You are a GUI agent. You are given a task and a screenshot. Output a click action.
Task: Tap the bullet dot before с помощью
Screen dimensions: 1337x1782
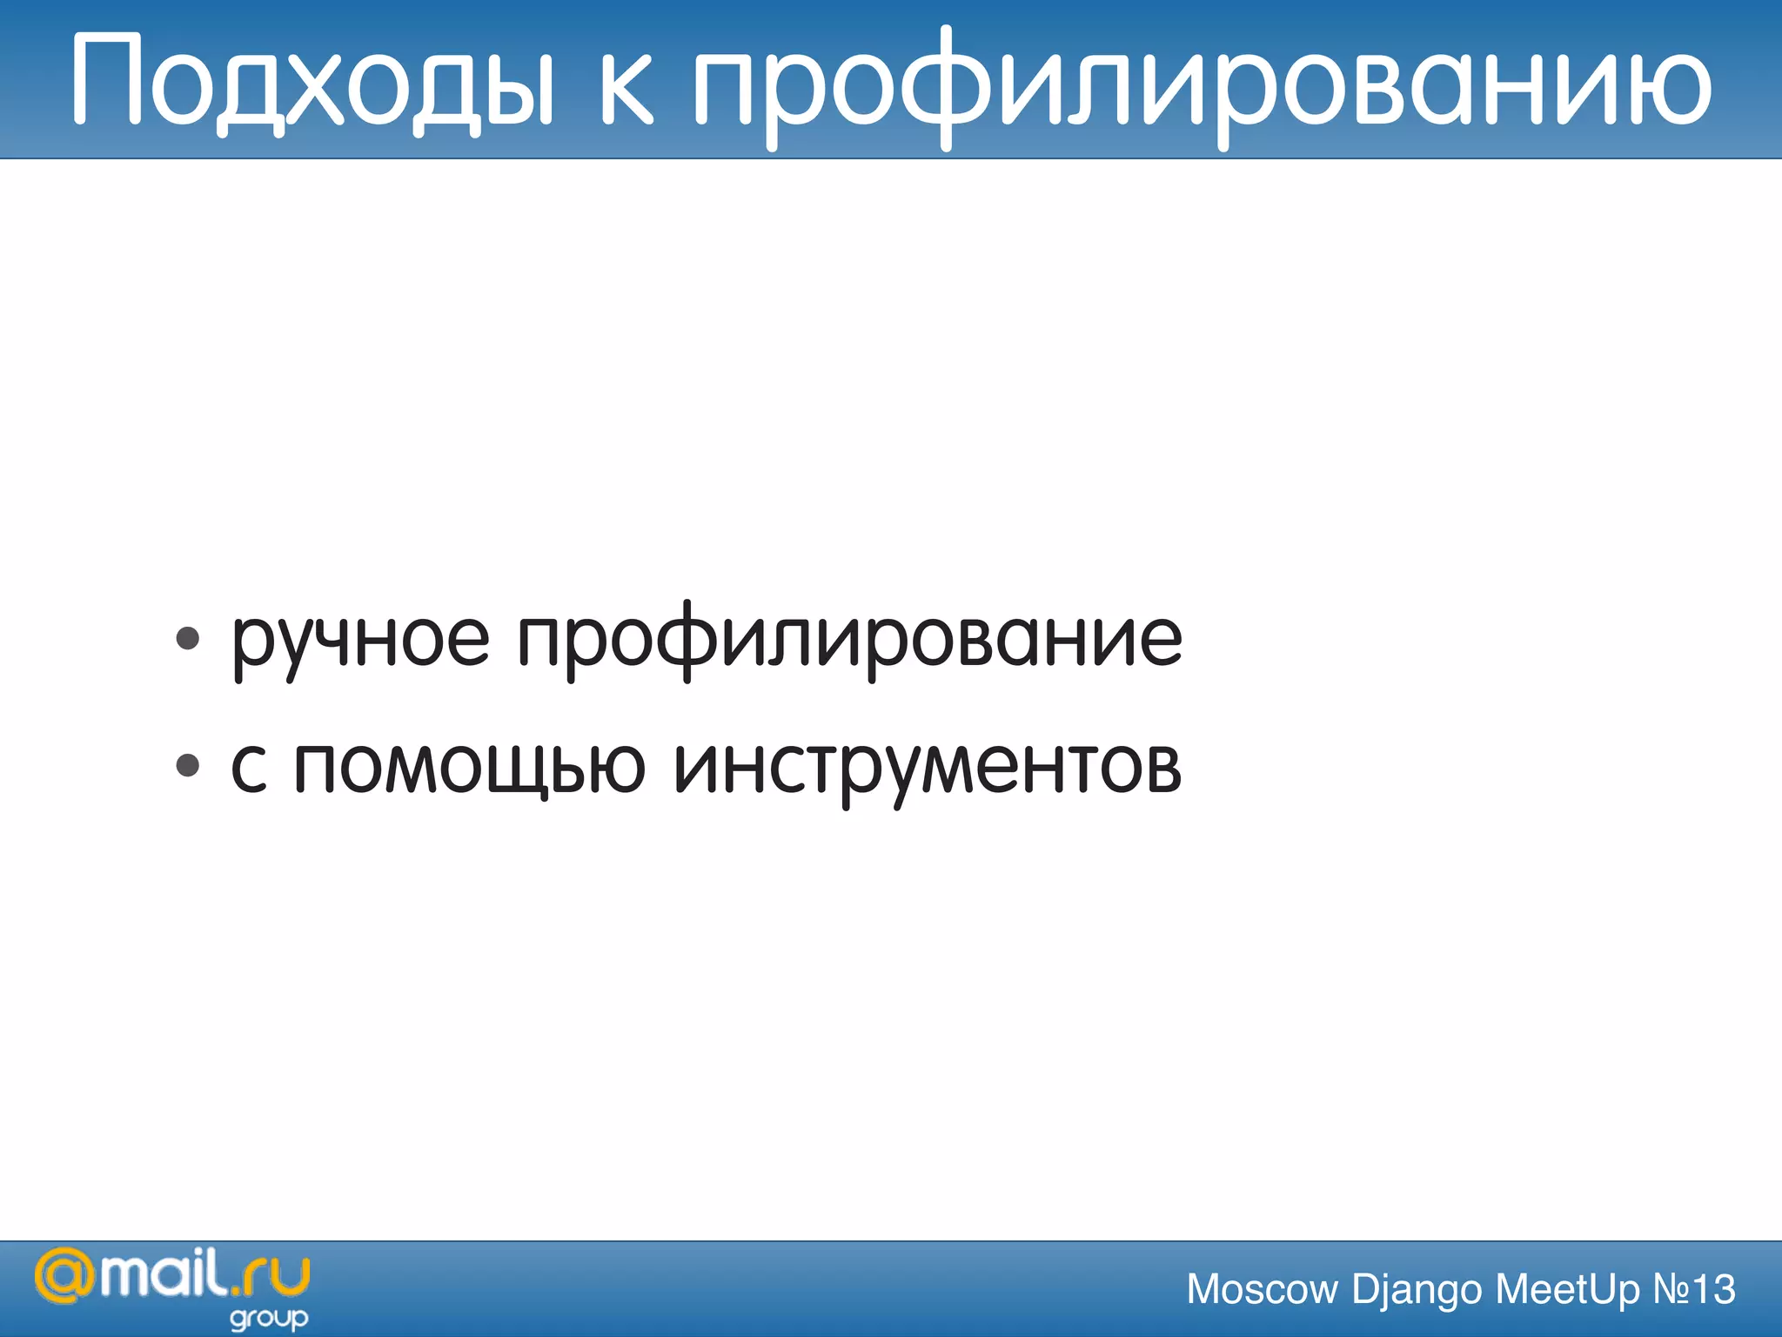pos(188,766)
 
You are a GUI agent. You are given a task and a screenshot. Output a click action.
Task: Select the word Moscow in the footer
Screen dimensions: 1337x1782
pos(1262,1289)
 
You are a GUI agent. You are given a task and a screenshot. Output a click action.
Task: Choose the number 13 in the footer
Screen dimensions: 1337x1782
pos(1713,1289)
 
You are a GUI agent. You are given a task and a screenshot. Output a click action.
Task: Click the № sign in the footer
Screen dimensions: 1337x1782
pos(1670,1289)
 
